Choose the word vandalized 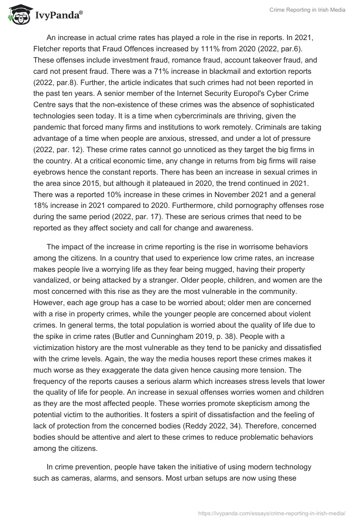pyautogui.click(x=54, y=279)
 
